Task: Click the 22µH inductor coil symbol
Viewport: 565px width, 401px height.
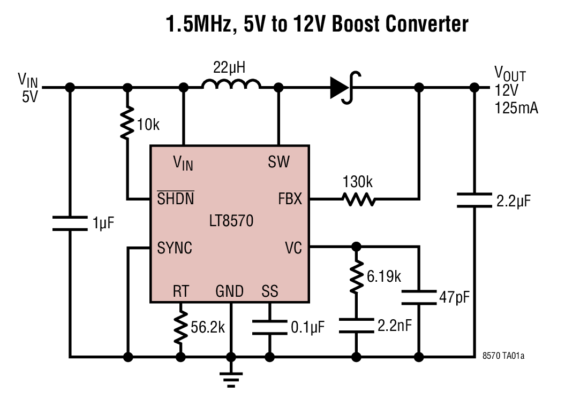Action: (231, 84)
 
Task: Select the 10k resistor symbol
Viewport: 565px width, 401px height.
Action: (127, 122)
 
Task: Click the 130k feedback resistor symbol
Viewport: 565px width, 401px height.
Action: (359, 200)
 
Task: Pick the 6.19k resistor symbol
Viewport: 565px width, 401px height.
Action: (356, 276)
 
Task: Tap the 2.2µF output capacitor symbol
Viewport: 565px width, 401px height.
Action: (474, 200)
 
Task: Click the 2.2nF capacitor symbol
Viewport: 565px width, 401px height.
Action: (356, 326)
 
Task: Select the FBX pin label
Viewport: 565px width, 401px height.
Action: (290, 199)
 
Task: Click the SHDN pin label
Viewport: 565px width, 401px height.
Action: (175, 199)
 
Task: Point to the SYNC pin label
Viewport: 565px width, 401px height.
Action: (175, 248)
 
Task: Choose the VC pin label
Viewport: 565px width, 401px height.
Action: (293, 248)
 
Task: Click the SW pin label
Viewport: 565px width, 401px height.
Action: (278, 161)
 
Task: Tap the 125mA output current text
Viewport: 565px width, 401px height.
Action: (516, 109)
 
